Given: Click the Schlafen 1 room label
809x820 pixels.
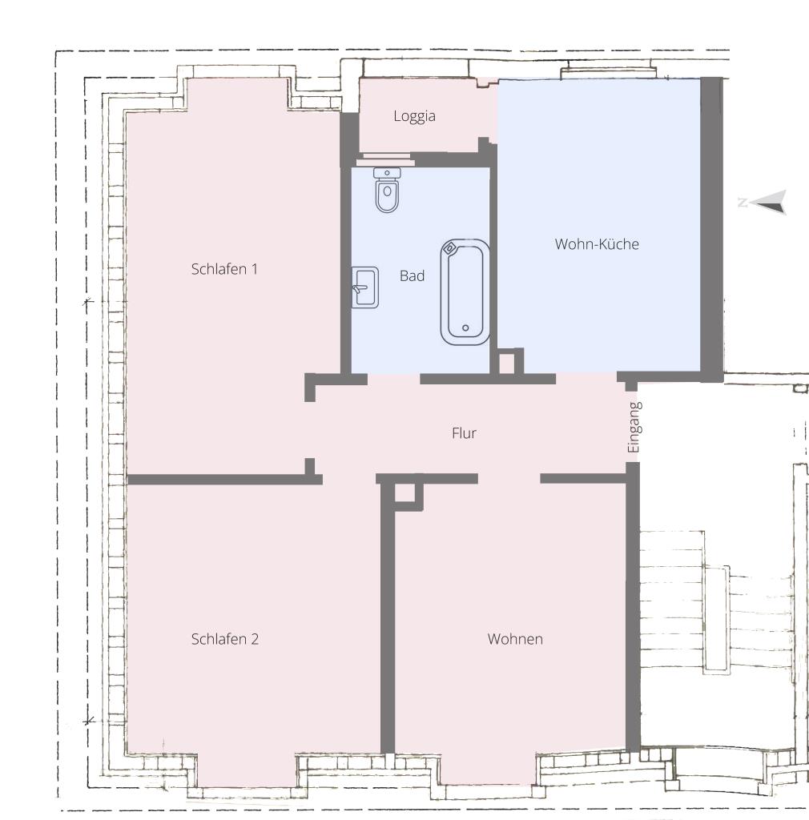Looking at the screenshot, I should pyautogui.click(x=224, y=269).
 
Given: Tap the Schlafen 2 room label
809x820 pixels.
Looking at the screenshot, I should pyautogui.click(x=224, y=639).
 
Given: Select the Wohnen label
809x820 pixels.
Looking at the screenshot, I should pyautogui.click(x=515, y=639).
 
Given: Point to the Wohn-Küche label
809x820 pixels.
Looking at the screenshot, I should pyautogui.click(x=597, y=244).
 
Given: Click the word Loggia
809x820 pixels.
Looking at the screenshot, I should pyautogui.click(x=414, y=116).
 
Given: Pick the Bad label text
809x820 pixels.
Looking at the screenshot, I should pyautogui.click(x=412, y=276).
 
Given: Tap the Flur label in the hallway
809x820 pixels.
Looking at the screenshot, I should pyautogui.click(x=464, y=433).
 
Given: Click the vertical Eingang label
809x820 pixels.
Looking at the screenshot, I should pyautogui.click(x=634, y=428).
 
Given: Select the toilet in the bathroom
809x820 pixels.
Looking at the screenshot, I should pyautogui.click(x=387, y=192).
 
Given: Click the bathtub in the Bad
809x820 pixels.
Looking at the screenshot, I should pyautogui.click(x=465, y=292).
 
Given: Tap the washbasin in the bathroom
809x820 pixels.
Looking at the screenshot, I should pyautogui.click(x=364, y=287).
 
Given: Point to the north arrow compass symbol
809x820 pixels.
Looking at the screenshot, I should pyautogui.click(x=765, y=203).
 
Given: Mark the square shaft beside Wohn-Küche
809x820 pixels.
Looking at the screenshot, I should pyautogui.click(x=507, y=363).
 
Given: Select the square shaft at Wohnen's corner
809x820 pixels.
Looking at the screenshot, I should pyautogui.click(x=405, y=492).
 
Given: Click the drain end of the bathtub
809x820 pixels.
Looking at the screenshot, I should pyautogui.click(x=465, y=327).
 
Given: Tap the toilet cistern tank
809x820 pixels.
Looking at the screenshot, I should pyautogui.click(x=387, y=173).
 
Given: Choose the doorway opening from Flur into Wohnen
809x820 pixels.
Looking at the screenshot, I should pyautogui.click(x=509, y=479).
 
